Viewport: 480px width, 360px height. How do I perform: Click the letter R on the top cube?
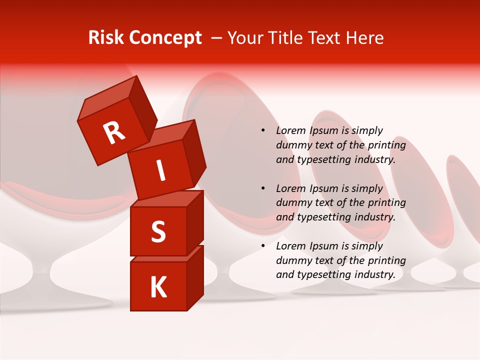pyautogui.click(x=114, y=133)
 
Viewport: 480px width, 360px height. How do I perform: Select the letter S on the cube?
pyautogui.click(x=158, y=231)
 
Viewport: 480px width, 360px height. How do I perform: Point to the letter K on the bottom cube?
pyautogui.click(x=158, y=287)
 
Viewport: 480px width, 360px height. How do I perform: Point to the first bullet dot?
pyautogui.click(x=263, y=130)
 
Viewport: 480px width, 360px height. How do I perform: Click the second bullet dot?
pyautogui.click(x=263, y=188)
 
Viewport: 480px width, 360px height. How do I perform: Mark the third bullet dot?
pyautogui.click(x=263, y=246)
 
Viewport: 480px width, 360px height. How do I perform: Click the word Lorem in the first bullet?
pyautogui.click(x=290, y=130)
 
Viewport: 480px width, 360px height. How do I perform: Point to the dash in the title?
pyautogui.click(x=217, y=38)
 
